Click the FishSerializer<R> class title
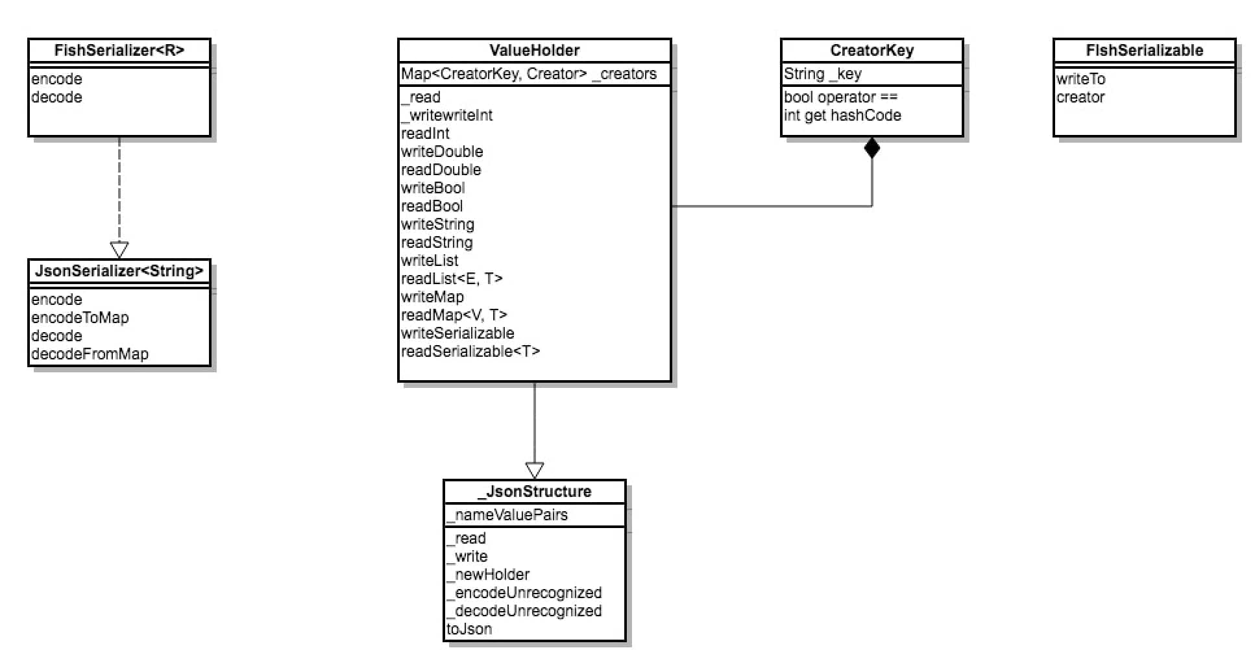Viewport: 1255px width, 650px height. pos(119,51)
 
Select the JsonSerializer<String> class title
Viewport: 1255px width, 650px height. pos(119,271)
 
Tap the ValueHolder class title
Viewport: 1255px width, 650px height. pos(535,51)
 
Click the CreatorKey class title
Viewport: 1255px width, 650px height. pos(872,51)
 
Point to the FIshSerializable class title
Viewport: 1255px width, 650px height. pos(1145,51)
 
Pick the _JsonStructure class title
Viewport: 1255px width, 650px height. pos(535,492)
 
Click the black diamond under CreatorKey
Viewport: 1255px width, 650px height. pos(872,148)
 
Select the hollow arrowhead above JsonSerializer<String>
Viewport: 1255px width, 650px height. pos(119,250)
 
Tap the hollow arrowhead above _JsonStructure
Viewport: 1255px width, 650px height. pos(535,470)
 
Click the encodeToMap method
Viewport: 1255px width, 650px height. pos(80,318)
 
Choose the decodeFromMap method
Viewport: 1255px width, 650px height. pos(90,354)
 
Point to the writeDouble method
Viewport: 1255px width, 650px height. pos(442,152)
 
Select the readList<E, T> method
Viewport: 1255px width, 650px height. pos(452,279)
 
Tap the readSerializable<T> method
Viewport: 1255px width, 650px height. pos(470,352)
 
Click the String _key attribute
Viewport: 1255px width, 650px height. pos(823,74)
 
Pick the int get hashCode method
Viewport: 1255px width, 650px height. pos(842,115)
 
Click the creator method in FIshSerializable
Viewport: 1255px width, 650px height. pos(1080,97)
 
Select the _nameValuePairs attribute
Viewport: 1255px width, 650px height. pos(507,515)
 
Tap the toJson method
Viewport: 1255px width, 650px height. pos(469,629)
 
